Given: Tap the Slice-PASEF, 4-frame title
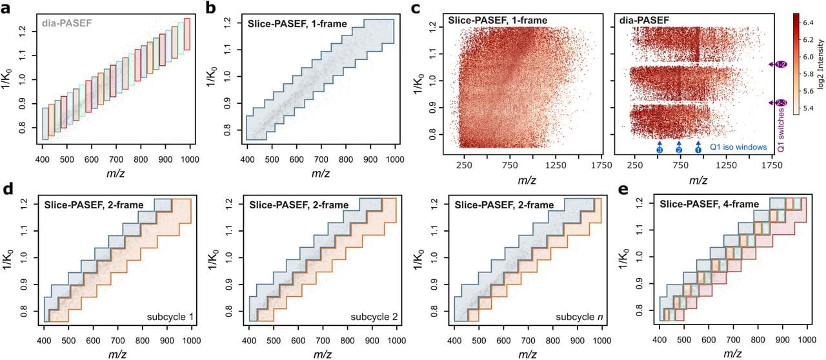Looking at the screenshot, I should (x=701, y=205).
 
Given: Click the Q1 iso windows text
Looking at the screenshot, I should (x=738, y=147).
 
